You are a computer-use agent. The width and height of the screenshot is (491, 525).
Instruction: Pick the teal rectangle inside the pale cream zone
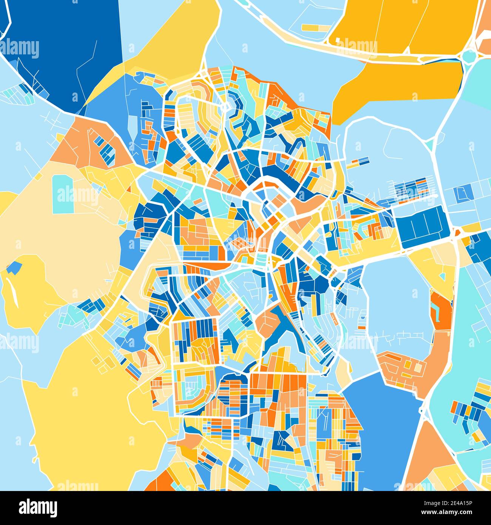point(63,194)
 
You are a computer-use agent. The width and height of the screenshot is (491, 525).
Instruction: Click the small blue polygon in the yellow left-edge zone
point(13,268)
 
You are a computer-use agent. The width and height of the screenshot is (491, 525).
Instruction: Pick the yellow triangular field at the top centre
point(170,42)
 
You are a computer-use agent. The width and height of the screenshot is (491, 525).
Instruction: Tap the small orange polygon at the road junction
point(457,233)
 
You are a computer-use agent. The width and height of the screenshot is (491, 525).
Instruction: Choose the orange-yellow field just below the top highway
point(397,83)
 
